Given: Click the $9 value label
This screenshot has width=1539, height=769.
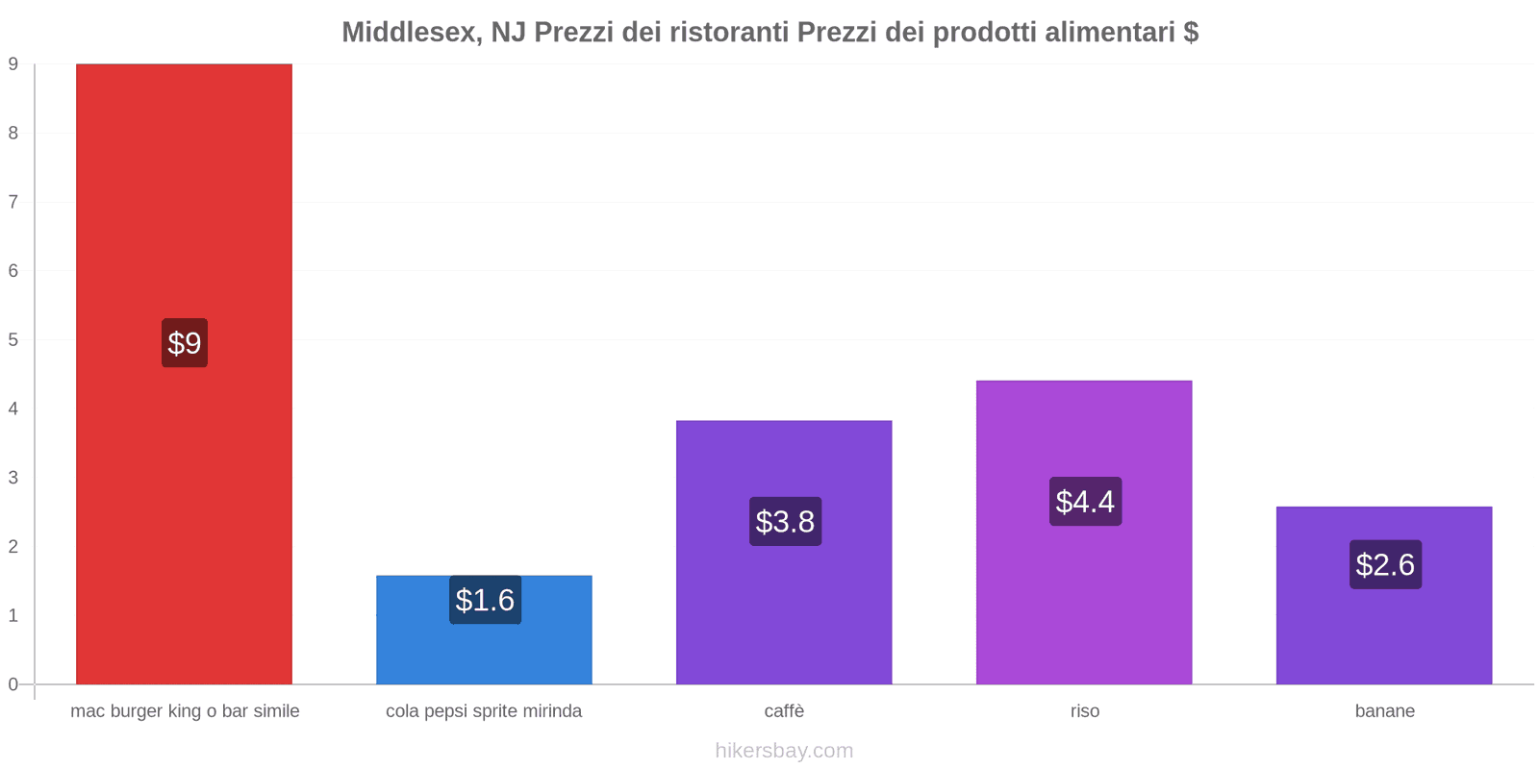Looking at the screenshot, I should tap(185, 343).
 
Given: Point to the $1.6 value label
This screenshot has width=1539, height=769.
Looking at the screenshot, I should tap(485, 600).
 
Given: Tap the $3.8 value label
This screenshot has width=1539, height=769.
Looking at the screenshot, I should tap(785, 521).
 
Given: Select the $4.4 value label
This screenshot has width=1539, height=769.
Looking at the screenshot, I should tap(1085, 501).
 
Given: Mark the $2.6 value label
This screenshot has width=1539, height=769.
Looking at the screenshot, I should tap(1385, 564).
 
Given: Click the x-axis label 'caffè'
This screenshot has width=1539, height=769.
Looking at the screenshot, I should tap(784, 711).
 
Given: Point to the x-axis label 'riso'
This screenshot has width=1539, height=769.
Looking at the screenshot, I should tap(1084, 711).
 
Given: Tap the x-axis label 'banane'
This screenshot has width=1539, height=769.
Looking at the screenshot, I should tap(1384, 711).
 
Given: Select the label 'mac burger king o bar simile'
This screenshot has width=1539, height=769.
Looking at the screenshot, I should tap(185, 711).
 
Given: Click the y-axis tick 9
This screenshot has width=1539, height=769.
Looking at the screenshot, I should tap(13, 64).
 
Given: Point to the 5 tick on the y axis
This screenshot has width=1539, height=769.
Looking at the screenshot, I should tap(13, 340).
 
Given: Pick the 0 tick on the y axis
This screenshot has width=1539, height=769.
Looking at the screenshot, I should tap(13, 684).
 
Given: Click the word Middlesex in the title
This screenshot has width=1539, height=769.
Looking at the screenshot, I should tap(412, 33).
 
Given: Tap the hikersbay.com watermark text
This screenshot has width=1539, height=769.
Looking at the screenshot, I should tap(784, 751).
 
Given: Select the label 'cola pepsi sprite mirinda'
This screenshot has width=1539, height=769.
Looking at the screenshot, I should tap(484, 711).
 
